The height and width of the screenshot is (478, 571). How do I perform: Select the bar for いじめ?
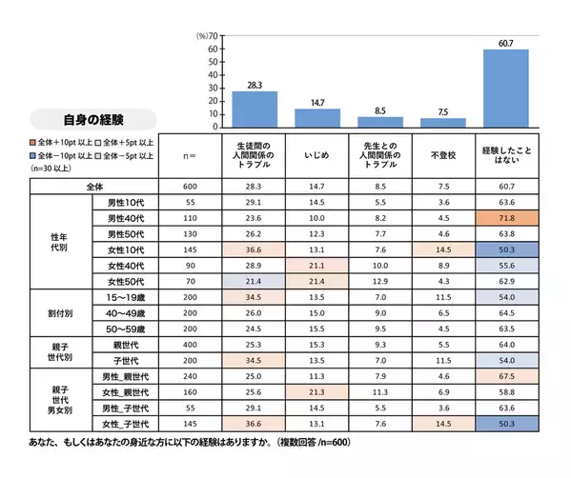(317, 117)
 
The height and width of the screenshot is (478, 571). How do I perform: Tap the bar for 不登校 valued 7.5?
(443, 122)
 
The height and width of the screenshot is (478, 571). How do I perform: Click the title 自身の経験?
(93, 120)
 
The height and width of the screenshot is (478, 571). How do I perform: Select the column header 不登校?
(442, 153)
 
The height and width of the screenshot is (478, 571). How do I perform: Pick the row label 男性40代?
(125, 218)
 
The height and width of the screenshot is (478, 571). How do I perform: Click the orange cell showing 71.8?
(506, 218)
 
